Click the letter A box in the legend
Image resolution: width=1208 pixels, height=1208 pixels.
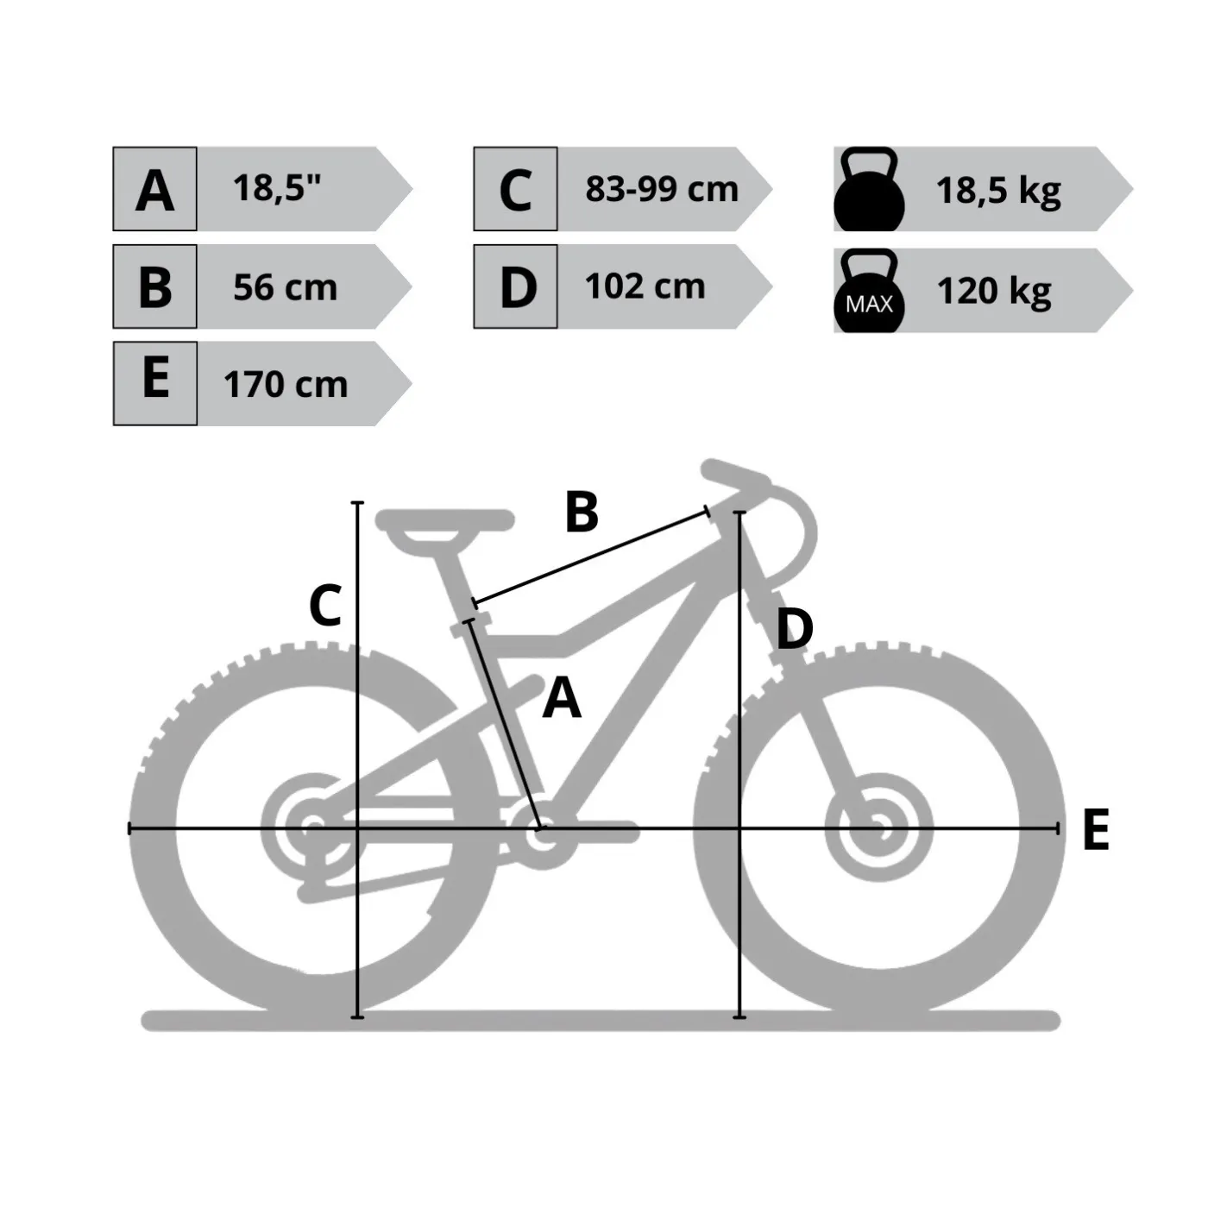(154, 189)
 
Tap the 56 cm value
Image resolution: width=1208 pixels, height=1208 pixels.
(286, 287)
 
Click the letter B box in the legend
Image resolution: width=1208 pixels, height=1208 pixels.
(154, 286)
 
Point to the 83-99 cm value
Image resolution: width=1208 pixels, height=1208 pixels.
(662, 189)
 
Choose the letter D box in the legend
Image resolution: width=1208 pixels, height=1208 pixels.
(515, 286)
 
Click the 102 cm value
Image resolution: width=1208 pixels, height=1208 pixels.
(645, 286)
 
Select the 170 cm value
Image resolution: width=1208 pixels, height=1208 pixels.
(286, 384)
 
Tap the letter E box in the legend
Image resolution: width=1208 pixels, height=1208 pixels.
(154, 384)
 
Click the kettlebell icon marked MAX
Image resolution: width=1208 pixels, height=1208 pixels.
(869, 291)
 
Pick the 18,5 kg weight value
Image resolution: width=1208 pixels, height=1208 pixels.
(998, 190)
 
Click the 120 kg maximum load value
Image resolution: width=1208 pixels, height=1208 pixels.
(994, 291)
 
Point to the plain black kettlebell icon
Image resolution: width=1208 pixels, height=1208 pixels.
(869, 189)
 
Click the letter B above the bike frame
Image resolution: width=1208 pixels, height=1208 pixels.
(582, 513)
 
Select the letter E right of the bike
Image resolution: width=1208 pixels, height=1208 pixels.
(1096, 828)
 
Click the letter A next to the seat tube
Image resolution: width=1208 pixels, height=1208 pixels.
(562, 698)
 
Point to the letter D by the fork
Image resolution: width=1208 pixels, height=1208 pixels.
(795, 629)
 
